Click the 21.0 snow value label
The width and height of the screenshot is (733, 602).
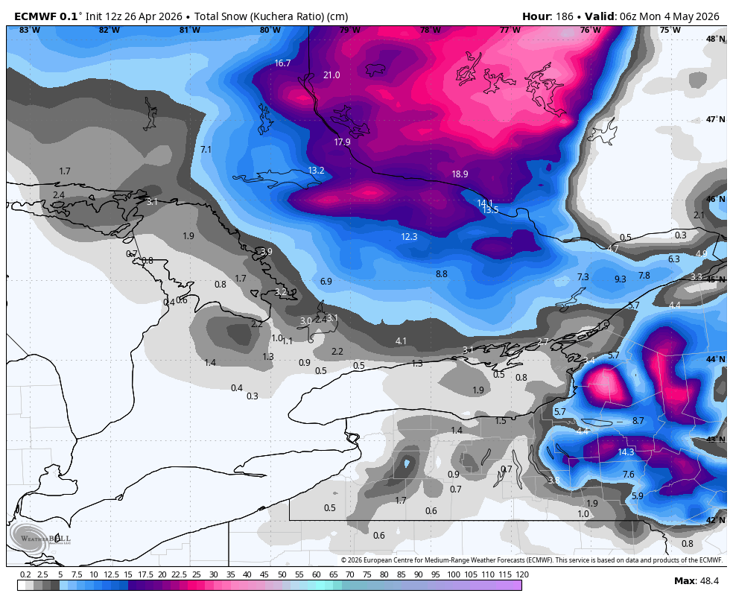(x=331, y=75)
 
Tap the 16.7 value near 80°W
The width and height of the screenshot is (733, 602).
(x=282, y=63)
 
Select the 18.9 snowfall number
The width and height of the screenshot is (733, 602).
(x=460, y=174)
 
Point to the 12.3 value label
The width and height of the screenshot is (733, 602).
(x=409, y=237)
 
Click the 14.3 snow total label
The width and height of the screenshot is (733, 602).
(x=626, y=452)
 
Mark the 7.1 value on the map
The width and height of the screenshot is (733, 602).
(x=206, y=150)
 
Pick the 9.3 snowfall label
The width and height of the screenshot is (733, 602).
(x=620, y=279)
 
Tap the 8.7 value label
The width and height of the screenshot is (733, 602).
(x=638, y=421)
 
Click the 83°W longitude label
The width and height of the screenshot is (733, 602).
(x=30, y=31)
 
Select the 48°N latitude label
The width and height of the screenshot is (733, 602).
(x=715, y=39)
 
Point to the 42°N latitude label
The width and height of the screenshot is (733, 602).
(x=715, y=520)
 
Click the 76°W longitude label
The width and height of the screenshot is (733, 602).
(x=590, y=31)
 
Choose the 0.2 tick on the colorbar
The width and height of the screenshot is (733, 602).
(x=25, y=574)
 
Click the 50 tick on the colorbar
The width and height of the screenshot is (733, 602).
(x=282, y=574)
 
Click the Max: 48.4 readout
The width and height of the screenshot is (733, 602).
(x=696, y=581)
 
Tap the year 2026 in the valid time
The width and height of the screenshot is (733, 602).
(x=706, y=16)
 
